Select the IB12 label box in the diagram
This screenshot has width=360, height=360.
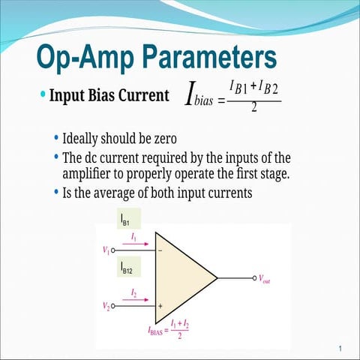(x=127, y=268)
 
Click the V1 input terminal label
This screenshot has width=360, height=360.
(x=106, y=250)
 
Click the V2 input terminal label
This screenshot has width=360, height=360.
(x=106, y=306)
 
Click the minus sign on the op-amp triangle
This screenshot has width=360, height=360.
(x=160, y=250)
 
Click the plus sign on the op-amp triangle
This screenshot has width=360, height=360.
(x=160, y=306)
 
